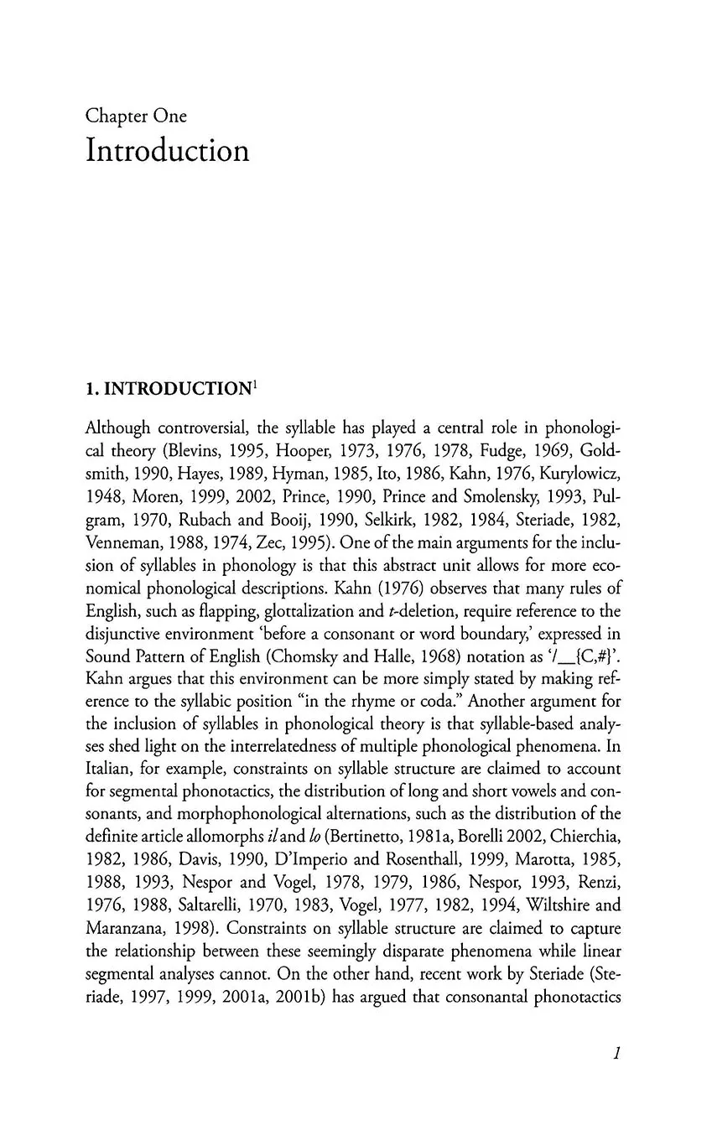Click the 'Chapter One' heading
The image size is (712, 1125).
point(136,117)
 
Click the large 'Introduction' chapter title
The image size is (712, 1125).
point(167,152)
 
